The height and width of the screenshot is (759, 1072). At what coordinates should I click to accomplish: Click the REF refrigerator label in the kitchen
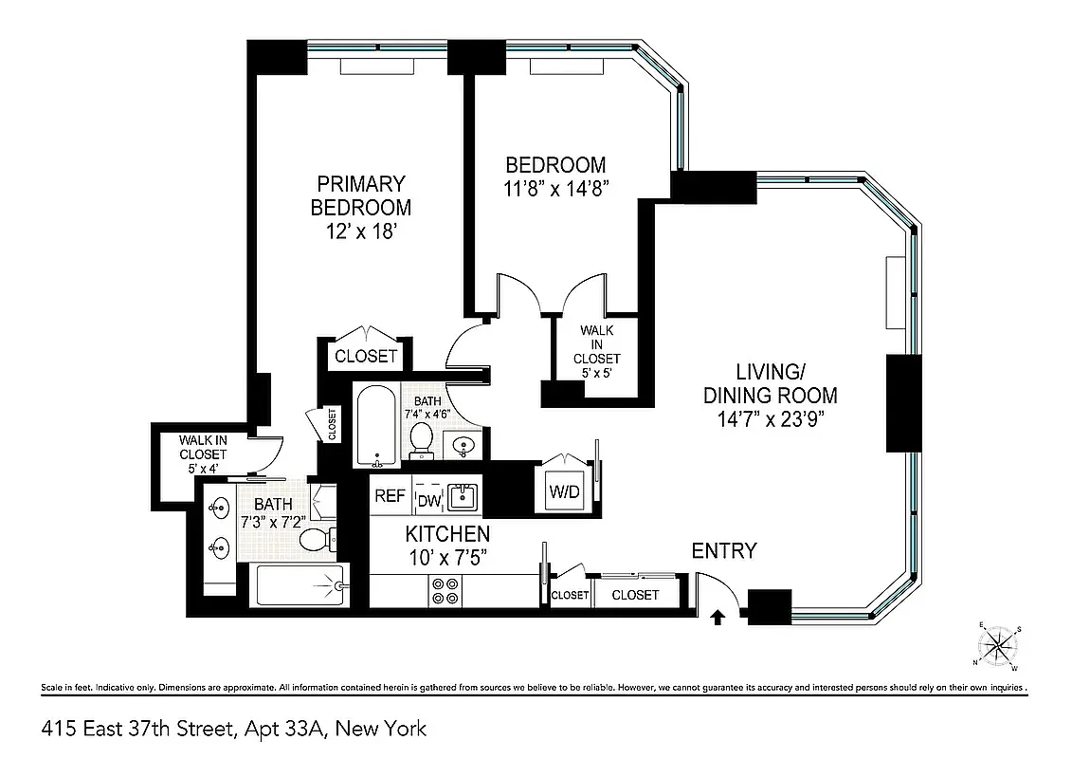tap(390, 495)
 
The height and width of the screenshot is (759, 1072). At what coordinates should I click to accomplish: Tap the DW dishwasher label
tap(429, 499)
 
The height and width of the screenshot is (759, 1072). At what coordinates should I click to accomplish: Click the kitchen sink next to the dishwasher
tap(463, 495)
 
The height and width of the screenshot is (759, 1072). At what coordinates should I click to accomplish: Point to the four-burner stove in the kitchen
tap(445, 590)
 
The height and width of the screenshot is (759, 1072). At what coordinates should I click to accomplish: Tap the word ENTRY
tap(724, 551)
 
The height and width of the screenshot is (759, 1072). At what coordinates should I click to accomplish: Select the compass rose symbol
tap(998, 646)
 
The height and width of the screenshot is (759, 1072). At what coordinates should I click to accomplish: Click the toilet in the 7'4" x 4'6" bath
tap(422, 438)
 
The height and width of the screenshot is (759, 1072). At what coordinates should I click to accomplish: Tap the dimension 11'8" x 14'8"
tap(555, 188)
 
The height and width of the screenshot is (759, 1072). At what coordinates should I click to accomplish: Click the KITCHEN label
tap(447, 533)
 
